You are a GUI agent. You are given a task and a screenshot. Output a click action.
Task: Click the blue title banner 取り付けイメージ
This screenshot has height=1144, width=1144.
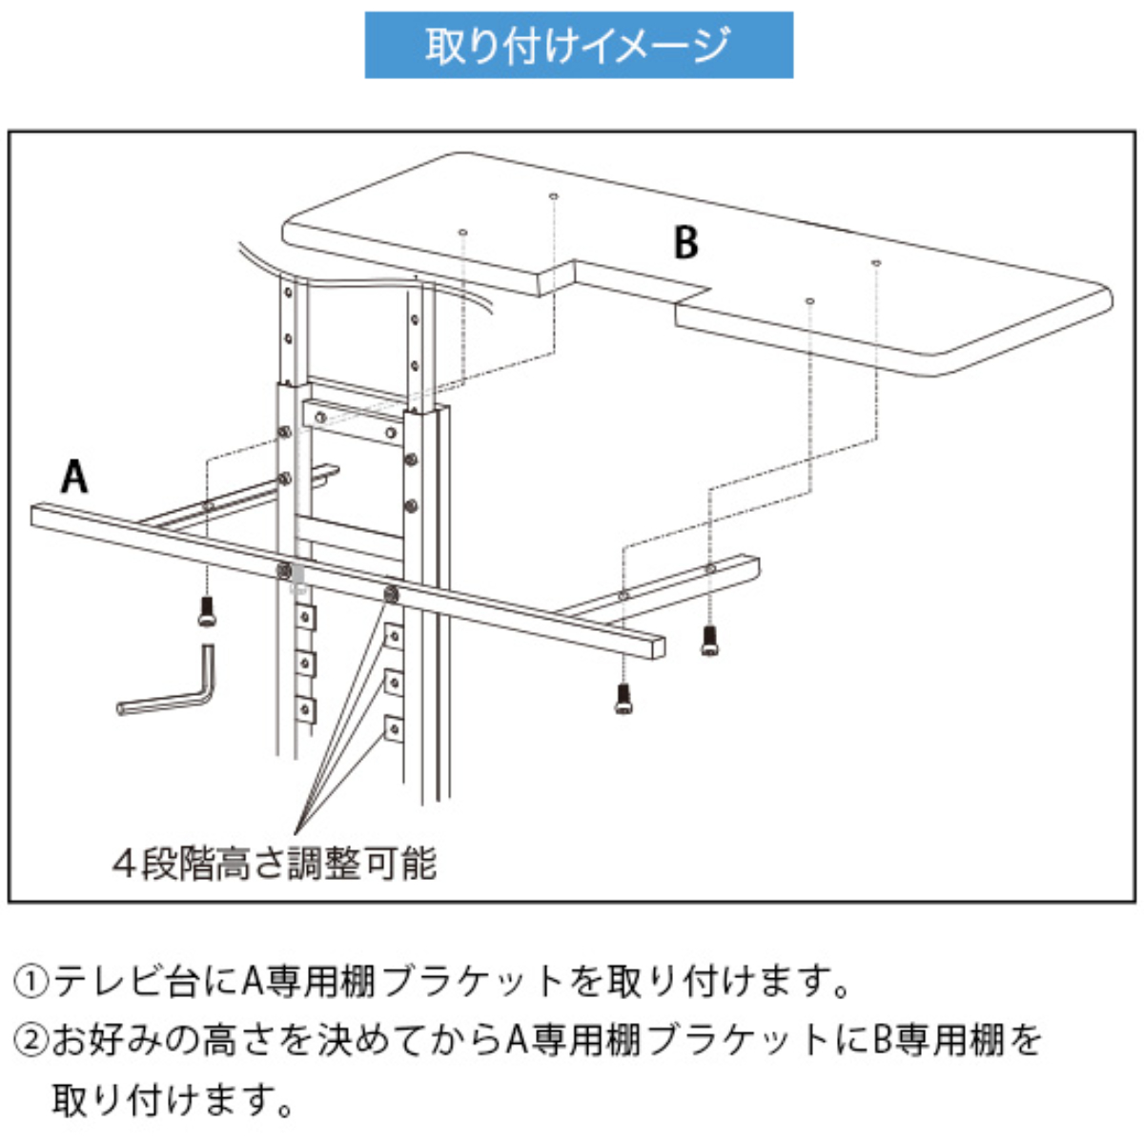(579, 45)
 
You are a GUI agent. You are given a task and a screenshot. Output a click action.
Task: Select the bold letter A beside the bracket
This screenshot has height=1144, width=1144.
(74, 476)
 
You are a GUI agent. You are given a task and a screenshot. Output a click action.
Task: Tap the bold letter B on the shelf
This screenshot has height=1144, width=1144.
(685, 243)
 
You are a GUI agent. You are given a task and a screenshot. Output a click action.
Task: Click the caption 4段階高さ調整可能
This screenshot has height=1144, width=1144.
(275, 864)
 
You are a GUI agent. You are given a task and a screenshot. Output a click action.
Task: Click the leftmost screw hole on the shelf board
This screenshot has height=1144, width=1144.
(461, 232)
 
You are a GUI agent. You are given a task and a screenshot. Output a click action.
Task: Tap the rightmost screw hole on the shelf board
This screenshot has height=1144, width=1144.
(874, 261)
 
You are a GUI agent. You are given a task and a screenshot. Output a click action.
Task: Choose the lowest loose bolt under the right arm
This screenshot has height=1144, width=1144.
(623, 699)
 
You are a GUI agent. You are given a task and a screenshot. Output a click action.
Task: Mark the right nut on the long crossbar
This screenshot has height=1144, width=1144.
(390, 595)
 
